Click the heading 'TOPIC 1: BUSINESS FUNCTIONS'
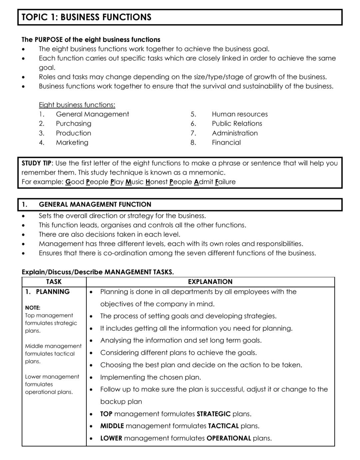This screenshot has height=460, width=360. coord(86,17)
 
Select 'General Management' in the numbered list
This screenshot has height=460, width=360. coord(92,114)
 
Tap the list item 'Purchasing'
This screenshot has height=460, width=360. coord(73,124)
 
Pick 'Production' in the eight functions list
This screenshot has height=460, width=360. coord(73,133)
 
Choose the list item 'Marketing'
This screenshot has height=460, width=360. coord(72,143)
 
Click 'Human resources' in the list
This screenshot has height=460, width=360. coord(240,114)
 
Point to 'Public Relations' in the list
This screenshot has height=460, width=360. coord(237,124)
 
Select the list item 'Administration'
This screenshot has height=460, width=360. coord(235,133)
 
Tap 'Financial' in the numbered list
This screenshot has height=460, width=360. coord(226,143)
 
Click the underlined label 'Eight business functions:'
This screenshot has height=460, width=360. coord(77,105)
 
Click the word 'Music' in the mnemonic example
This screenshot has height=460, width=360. coord(134,182)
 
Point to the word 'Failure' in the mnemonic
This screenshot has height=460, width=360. coord(225,182)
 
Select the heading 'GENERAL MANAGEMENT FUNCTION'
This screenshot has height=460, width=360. coord(95,205)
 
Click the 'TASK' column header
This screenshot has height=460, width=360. coord(54,282)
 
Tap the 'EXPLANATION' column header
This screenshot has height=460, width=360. coord(210,282)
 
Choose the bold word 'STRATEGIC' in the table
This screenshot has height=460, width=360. coord(214,414)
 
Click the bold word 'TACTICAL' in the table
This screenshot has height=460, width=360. coord(223,426)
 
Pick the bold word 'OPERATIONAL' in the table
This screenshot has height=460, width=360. coord(229,438)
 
